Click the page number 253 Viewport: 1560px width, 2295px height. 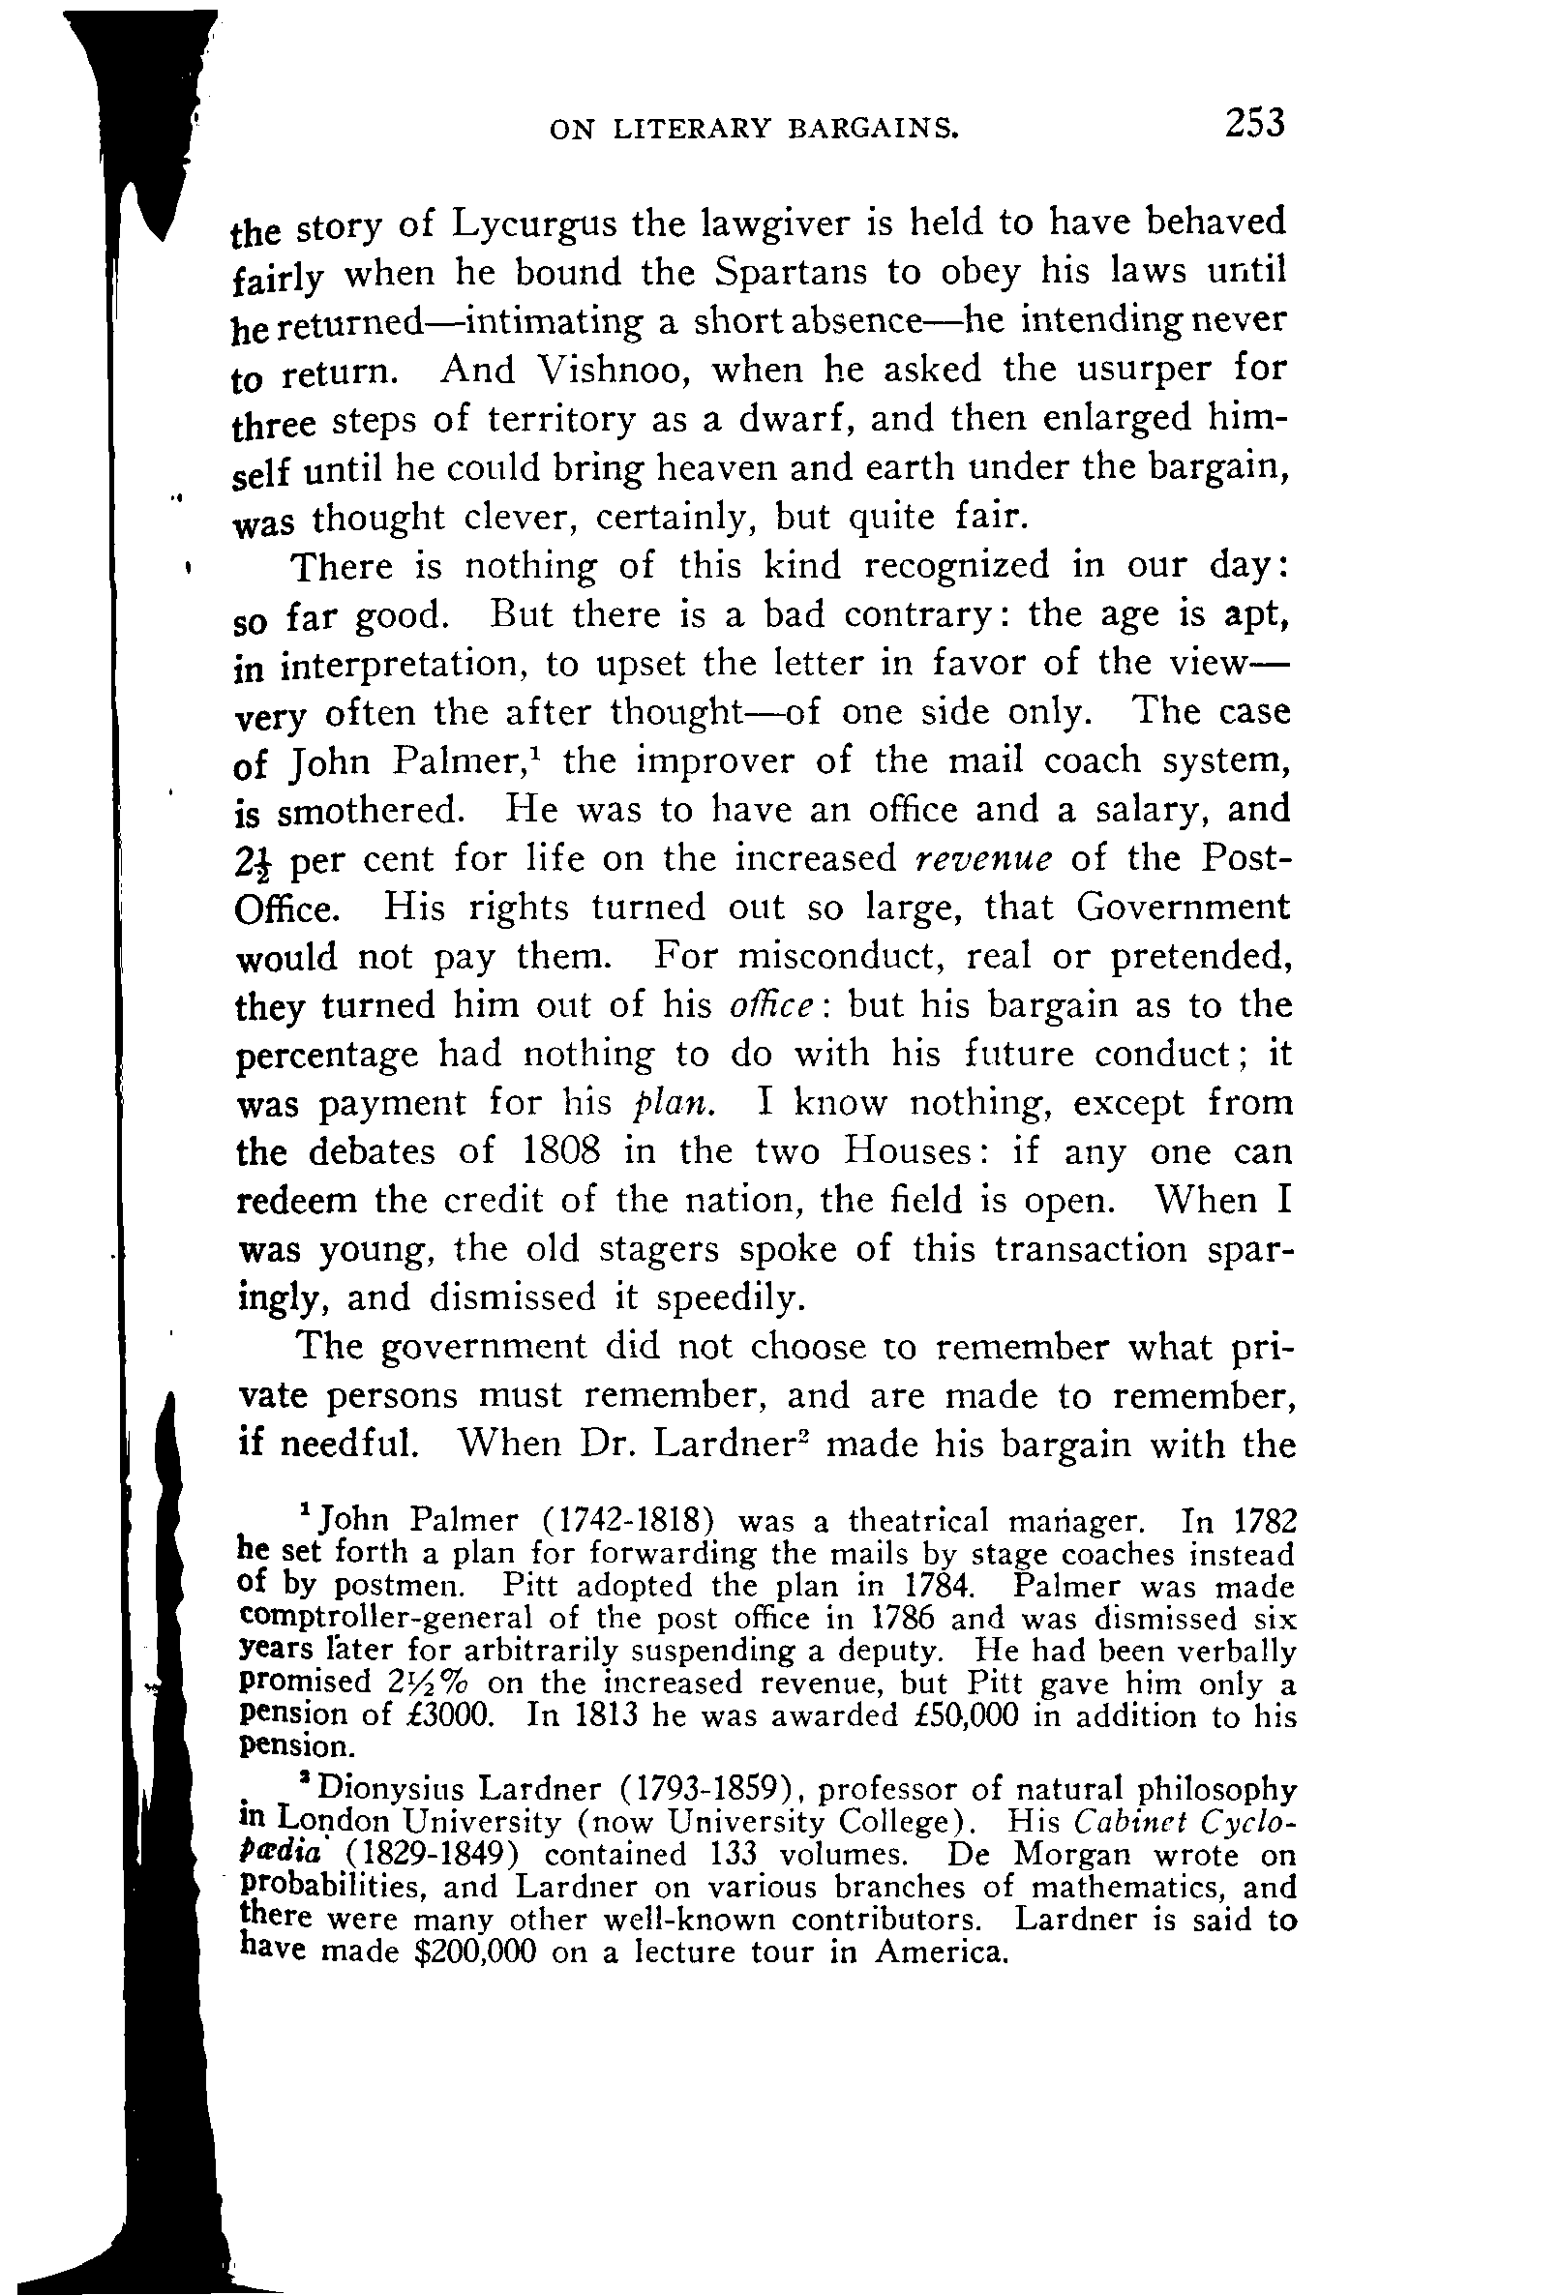pos(1254,124)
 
